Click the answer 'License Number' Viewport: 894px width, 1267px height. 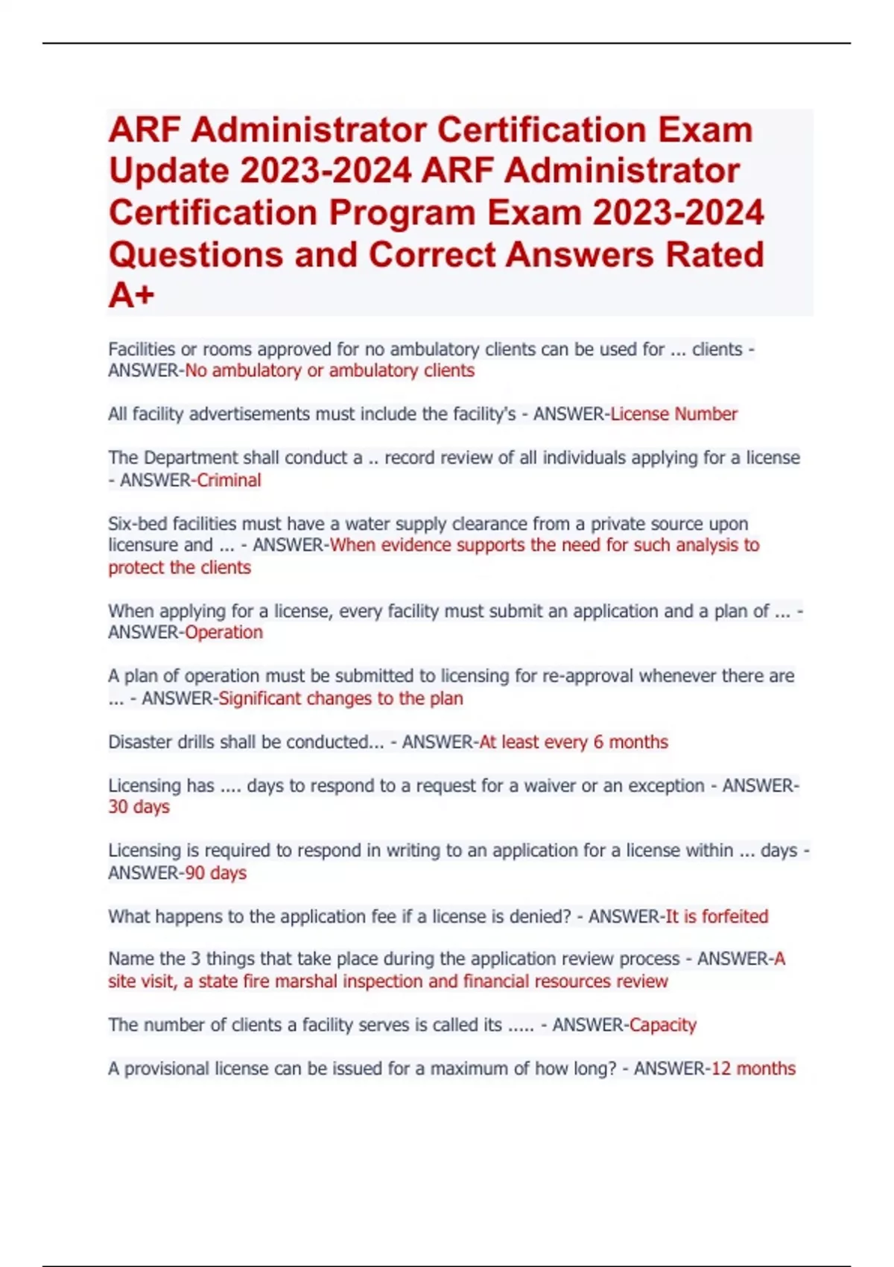click(673, 414)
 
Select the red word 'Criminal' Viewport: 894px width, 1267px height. click(229, 480)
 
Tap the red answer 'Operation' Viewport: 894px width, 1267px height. click(223, 632)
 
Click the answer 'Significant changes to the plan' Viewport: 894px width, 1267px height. click(340, 698)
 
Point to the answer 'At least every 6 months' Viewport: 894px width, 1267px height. click(573, 742)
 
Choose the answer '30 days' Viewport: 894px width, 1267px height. click(139, 806)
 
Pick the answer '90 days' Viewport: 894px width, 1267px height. click(215, 873)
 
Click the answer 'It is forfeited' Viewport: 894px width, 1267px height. click(716, 916)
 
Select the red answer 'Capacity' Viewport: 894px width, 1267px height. click(662, 1025)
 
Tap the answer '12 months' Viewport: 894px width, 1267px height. click(753, 1068)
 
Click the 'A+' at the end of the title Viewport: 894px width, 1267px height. click(132, 295)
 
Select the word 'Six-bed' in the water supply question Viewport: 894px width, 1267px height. click(138, 523)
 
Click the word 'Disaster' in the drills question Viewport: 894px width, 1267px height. click(142, 742)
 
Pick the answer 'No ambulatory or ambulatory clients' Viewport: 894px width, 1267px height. click(329, 370)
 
